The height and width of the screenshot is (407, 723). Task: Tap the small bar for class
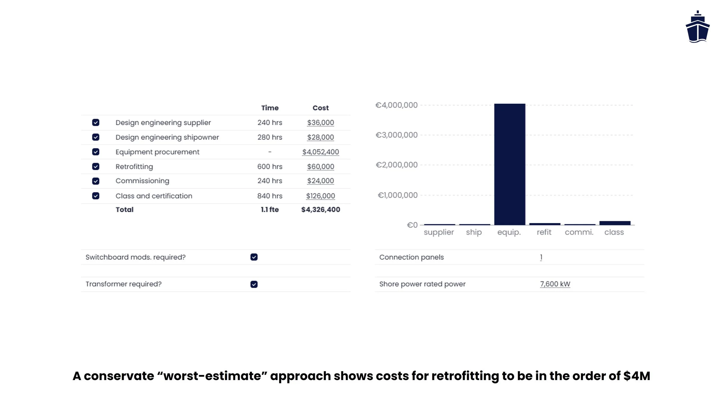click(615, 223)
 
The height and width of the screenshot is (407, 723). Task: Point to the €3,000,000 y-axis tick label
click(396, 135)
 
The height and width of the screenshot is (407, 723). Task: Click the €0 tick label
click(412, 225)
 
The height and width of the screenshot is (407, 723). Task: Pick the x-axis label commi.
click(579, 232)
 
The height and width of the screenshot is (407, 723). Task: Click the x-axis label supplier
click(439, 232)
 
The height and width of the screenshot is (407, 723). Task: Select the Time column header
click(270, 108)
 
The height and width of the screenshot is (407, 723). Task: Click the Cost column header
click(320, 108)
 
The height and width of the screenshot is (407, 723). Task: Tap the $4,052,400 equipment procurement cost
click(320, 152)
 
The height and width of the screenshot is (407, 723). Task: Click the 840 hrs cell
click(270, 196)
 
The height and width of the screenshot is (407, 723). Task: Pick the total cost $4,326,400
click(320, 210)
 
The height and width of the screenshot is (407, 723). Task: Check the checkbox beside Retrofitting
click(96, 166)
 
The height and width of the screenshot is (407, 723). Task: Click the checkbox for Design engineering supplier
click(96, 122)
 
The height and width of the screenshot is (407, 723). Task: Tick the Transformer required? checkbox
click(254, 284)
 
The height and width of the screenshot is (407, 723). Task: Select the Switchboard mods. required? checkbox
click(254, 257)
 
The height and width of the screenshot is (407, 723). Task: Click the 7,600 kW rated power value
click(555, 284)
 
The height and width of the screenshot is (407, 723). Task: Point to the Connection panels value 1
click(541, 257)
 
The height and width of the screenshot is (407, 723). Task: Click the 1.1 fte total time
click(270, 210)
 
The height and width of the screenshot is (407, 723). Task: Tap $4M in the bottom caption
click(637, 376)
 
